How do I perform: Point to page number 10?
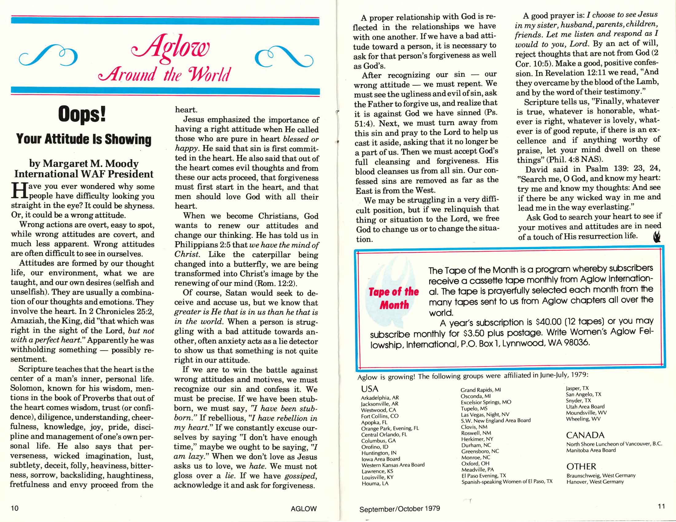(14, 508)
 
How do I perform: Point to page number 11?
(662, 507)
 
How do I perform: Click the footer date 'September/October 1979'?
(399, 509)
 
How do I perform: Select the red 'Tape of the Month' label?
(394, 298)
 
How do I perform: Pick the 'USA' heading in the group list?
(370, 389)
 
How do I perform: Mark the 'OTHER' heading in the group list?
(581, 466)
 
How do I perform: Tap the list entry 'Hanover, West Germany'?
(595, 481)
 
